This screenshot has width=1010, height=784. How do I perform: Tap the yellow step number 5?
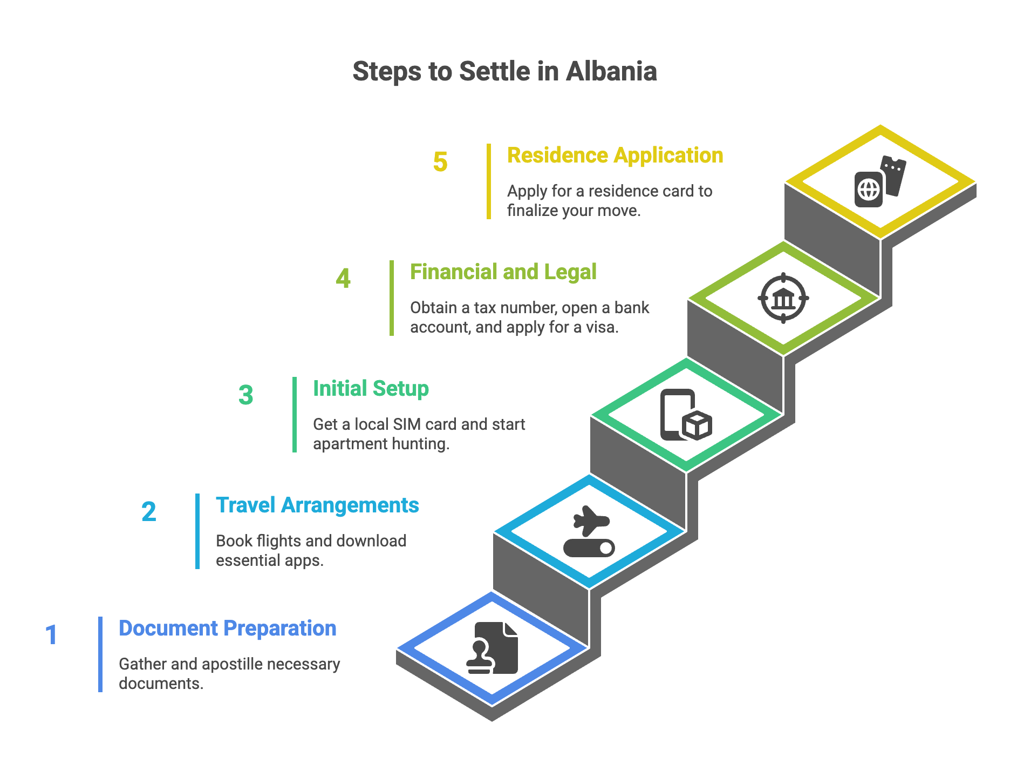[x=440, y=161]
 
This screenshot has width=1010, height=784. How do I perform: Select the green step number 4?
[x=343, y=278]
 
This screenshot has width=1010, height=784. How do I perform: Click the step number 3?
[x=246, y=395]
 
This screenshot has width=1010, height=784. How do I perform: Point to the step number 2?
[x=149, y=511]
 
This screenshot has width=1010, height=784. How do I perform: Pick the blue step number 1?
[x=51, y=634]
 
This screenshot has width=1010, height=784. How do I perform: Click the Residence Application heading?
[x=615, y=156]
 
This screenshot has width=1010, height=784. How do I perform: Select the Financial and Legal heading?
[x=503, y=272]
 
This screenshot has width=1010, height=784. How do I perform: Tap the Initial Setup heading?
[x=371, y=388]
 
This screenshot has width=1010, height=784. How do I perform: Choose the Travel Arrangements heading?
[x=317, y=505]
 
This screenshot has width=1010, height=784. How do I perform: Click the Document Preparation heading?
[x=227, y=628]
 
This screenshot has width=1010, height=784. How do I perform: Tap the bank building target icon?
[x=783, y=298]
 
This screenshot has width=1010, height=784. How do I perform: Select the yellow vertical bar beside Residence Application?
[x=489, y=181]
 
